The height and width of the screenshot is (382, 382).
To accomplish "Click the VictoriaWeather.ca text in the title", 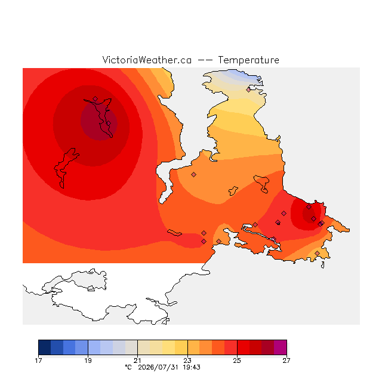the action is [147, 60].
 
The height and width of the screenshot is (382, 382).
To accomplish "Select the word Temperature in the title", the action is [248, 60].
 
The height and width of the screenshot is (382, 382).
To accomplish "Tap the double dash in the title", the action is [205, 60].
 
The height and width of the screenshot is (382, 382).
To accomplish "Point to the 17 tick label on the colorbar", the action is [38, 361].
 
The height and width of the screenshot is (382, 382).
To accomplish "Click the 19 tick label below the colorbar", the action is [88, 361].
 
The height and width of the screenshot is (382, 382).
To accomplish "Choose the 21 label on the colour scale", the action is [138, 361].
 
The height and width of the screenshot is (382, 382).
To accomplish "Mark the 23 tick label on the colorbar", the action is [187, 361].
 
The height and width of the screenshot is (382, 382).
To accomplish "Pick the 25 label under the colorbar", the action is [237, 361].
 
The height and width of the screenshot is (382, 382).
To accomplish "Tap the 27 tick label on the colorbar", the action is [286, 361].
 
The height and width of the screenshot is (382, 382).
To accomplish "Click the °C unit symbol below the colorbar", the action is [128, 367].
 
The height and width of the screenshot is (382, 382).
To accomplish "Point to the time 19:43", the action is [192, 367].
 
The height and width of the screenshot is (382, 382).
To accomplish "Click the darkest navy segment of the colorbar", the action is [45, 347].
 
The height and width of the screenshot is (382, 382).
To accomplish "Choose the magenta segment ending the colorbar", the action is [281, 347].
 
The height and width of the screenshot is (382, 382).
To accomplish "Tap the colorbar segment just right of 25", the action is [244, 347].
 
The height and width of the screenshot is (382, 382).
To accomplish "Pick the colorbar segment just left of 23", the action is [181, 347].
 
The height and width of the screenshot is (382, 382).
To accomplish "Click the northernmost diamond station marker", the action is [248, 90].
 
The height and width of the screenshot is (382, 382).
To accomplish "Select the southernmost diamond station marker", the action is [317, 253].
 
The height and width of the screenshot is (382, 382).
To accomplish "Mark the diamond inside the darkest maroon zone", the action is [109, 124].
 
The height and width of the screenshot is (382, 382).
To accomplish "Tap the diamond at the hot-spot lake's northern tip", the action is [95, 98].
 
